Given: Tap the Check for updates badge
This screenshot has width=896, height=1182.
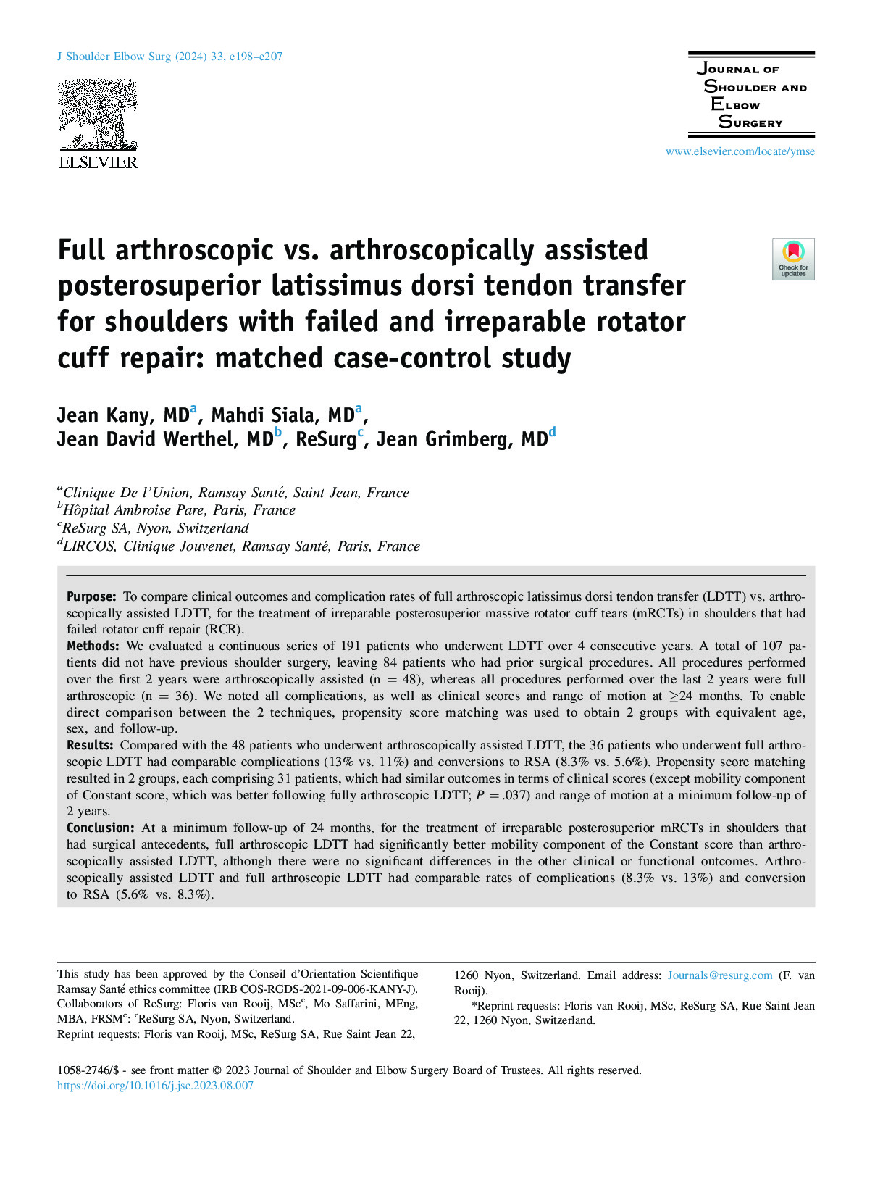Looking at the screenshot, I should pos(793,259).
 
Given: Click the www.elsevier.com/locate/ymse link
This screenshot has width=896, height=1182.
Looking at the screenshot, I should pos(740,151).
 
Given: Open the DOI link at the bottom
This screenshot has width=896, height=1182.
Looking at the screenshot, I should pos(155,1086).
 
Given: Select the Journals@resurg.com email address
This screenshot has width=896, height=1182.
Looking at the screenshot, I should pos(720,975).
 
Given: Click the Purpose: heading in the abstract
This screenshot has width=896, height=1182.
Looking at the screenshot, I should pos(91,596).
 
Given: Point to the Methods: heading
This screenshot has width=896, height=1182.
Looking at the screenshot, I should pos(93,646).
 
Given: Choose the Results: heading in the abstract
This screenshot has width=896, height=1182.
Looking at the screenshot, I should pos(90,745).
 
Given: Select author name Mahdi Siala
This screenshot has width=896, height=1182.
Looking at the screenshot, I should pos(282,415).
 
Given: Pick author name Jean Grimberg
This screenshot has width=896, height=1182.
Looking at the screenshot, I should pos(461,439).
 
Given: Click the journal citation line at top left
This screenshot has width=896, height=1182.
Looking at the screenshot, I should pos(169,57).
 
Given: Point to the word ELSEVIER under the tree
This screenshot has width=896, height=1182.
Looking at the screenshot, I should pos(98,162).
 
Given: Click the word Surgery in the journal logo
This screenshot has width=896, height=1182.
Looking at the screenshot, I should pos(750,122).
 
